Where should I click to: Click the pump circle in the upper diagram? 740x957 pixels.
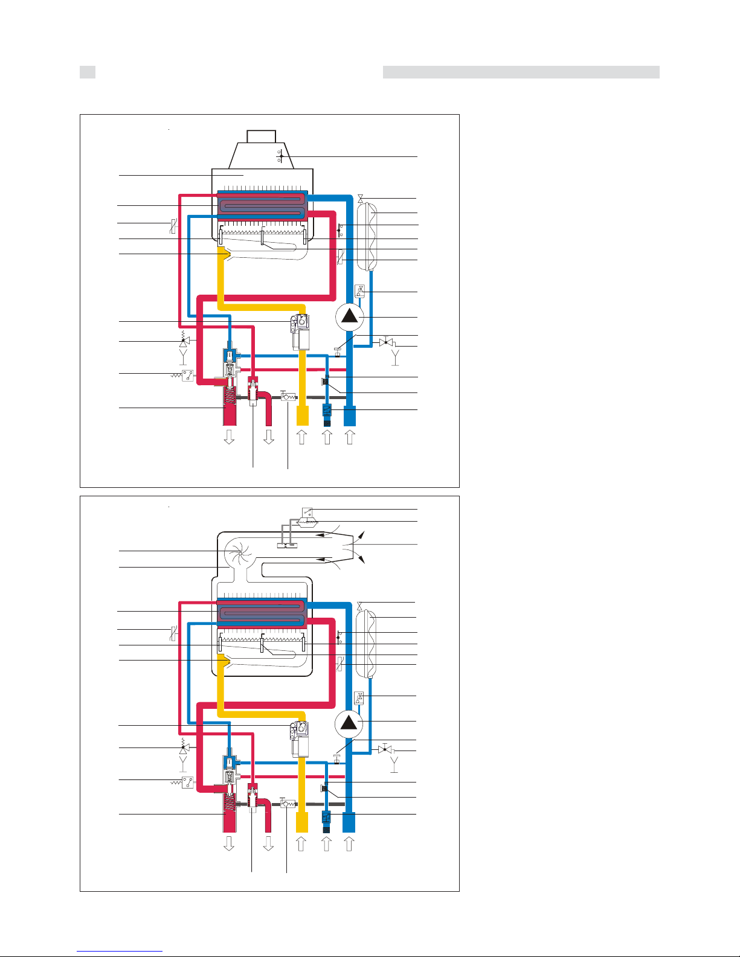(349, 316)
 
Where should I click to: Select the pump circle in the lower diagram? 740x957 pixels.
(349, 722)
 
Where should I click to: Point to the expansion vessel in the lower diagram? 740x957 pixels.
(366, 642)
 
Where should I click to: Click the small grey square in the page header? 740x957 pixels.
(88, 72)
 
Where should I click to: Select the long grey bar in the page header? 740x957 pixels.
(521, 72)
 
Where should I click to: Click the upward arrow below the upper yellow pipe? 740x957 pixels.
(301, 436)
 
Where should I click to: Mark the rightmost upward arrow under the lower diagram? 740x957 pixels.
(349, 843)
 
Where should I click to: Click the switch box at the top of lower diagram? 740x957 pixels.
(307, 513)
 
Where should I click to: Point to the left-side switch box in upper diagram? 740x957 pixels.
(188, 376)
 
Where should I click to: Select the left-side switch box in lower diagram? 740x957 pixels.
(188, 783)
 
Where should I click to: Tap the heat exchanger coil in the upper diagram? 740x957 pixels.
(261, 206)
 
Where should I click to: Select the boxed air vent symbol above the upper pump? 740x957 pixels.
(360, 291)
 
